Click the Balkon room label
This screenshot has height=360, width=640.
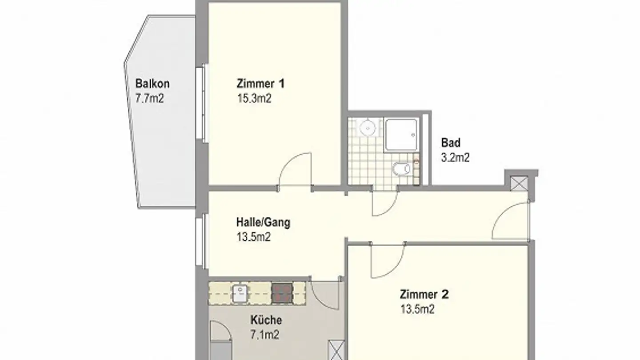coord(152,84)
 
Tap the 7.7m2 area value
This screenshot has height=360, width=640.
coord(150,98)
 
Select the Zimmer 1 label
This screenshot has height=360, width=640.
coord(261,84)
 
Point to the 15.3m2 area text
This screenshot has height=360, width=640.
coord(254,98)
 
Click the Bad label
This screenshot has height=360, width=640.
coord(451,143)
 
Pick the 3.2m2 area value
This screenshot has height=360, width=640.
coord(455,157)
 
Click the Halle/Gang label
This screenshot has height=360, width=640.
coord(264,222)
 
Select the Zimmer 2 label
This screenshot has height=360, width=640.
coord(424,294)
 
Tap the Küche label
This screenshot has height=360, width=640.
coord(266,320)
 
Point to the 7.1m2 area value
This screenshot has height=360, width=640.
coord(265,335)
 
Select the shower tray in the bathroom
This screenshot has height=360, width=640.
coord(401,134)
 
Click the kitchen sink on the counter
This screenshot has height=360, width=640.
coord(240,293)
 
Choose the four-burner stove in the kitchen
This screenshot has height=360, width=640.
coord(283,293)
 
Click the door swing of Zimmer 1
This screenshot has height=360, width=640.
coord(296,171)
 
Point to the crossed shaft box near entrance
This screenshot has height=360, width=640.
coord(518,184)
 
